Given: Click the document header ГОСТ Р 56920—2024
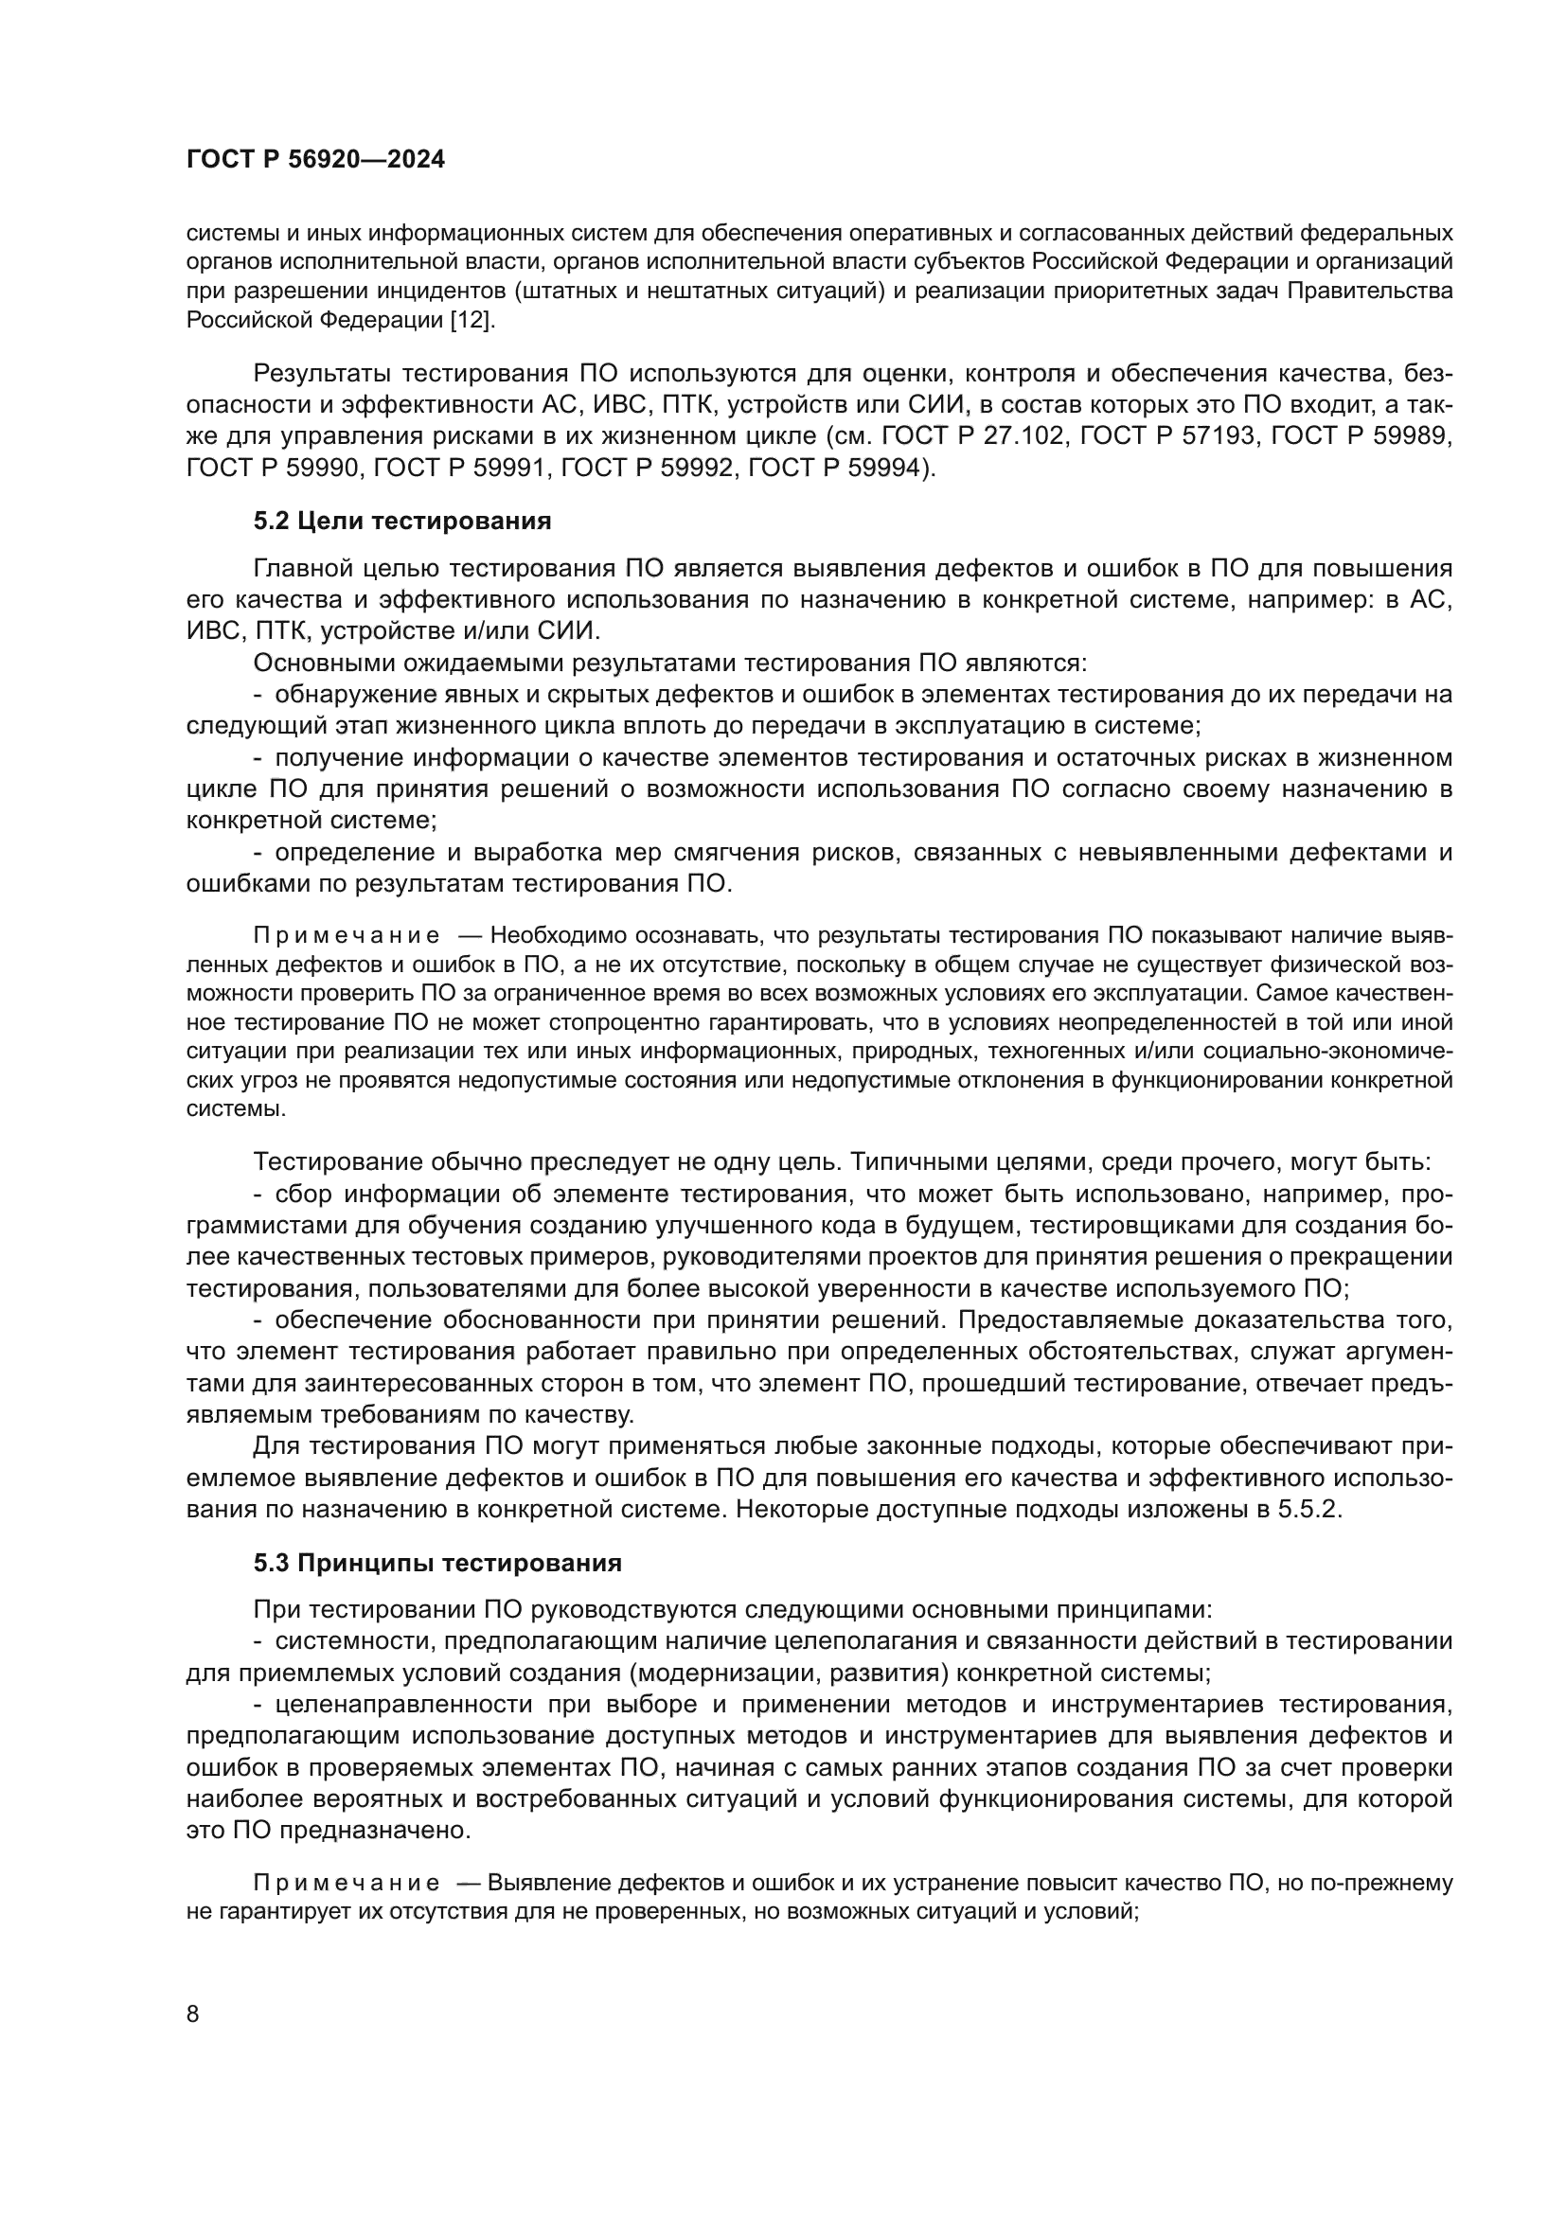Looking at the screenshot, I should click(x=315, y=160).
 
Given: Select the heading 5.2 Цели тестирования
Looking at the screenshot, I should click(x=402, y=522).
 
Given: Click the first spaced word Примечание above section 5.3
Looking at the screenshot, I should click(x=347, y=935).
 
